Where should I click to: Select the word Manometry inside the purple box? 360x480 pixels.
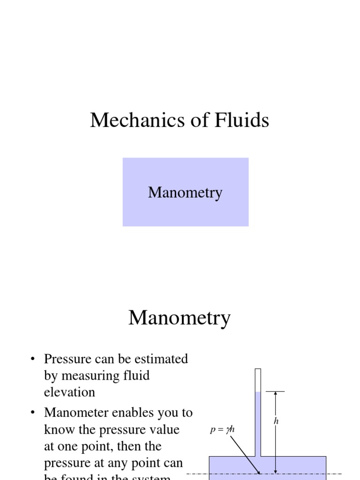coord(185,193)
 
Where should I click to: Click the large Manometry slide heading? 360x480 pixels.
coord(180,318)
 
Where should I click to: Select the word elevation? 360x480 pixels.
coord(69,392)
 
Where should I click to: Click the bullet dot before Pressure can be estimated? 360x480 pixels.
coord(33,360)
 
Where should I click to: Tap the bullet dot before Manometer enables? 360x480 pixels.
coord(33,413)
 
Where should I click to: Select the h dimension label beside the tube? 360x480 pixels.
coord(276,421)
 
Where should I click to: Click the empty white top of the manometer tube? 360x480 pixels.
coord(257,380)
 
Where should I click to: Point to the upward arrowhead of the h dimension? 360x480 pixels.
coord(275,394)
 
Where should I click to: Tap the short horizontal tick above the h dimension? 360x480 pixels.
coord(275,391)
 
